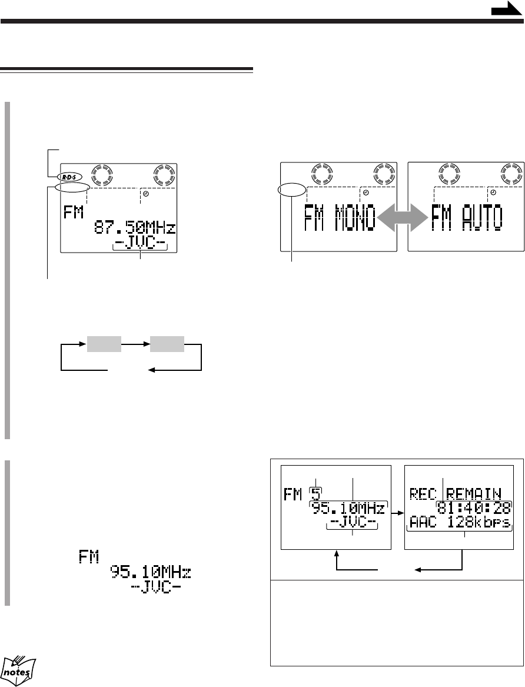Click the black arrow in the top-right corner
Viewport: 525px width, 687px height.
pyautogui.click(x=507, y=8)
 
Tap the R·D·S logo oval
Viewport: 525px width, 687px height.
pyautogui.click(x=69, y=177)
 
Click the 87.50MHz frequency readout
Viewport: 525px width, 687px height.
pyautogui.click(x=135, y=228)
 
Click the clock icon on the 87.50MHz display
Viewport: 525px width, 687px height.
pyautogui.click(x=146, y=194)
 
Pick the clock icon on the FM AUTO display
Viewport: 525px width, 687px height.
pyautogui.click(x=493, y=193)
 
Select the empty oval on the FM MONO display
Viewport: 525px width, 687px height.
pyautogui.click(x=291, y=190)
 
